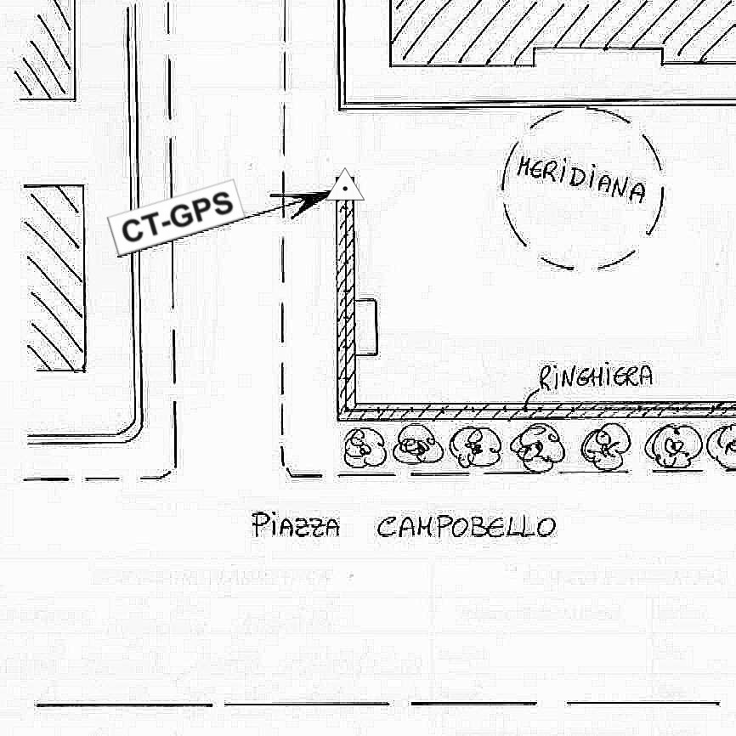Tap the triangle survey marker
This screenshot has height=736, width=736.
[x=346, y=186]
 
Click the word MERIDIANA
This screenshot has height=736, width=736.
[x=580, y=179]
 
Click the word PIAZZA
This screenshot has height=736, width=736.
[x=296, y=527]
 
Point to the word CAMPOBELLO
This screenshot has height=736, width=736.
[x=466, y=527]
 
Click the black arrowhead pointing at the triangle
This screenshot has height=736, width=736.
[x=311, y=201]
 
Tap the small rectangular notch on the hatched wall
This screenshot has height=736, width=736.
[x=366, y=327]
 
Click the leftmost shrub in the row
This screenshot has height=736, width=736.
[x=363, y=447]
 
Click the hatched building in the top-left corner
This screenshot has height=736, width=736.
[x=44, y=47]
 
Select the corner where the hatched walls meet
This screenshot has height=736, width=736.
[x=345, y=411]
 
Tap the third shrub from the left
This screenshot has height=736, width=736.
[x=471, y=447]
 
